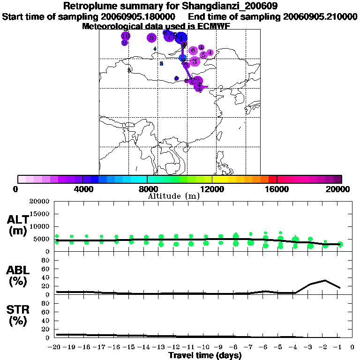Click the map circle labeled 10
pyautogui.click(x=126, y=36)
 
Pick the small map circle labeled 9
pyautogui.click(x=124, y=43)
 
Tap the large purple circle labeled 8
pyautogui.click(x=151, y=37)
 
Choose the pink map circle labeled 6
pyautogui.click(x=193, y=50)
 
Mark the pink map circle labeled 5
pyautogui.click(x=203, y=55)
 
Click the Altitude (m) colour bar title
pyautogui.click(x=173, y=196)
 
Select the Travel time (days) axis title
pyautogui.click(x=205, y=355)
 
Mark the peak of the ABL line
pyautogui.click(x=325, y=280)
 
